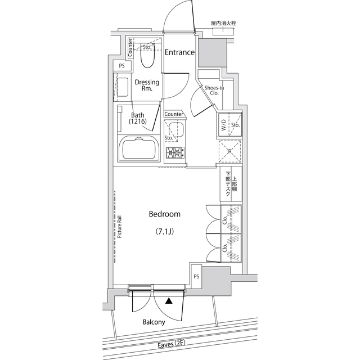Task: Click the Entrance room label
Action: coord(179,52)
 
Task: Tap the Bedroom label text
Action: coord(164,214)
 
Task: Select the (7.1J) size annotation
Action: coord(164,231)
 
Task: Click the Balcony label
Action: coord(154,322)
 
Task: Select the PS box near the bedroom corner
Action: coord(196,276)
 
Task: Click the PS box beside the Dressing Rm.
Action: coord(121,66)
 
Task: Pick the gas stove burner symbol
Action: coord(174,151)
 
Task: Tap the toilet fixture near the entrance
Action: coord(148,55)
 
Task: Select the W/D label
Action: coord(223,125)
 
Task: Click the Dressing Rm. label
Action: coord(147,85)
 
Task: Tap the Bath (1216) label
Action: coord(138,118)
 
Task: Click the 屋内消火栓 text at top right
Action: coord(223,24)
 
